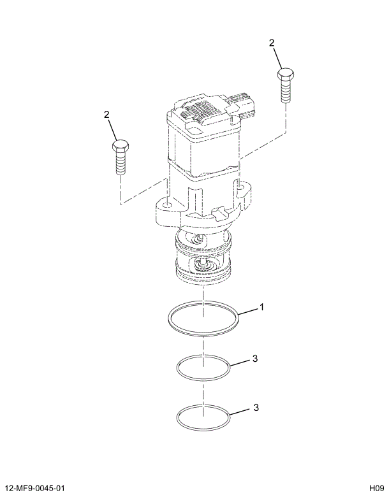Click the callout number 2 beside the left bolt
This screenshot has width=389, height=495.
coord(106,115)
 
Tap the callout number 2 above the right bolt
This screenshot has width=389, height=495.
coord(272,43)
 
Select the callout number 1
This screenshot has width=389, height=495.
coord(261,308)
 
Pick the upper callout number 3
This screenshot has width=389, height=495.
coord(254,359)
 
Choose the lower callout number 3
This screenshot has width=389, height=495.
coord(254,406)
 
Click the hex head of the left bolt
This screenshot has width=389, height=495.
coord(119,148)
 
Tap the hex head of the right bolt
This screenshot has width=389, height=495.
coord(284,75)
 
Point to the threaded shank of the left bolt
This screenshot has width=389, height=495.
coord(119,164)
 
